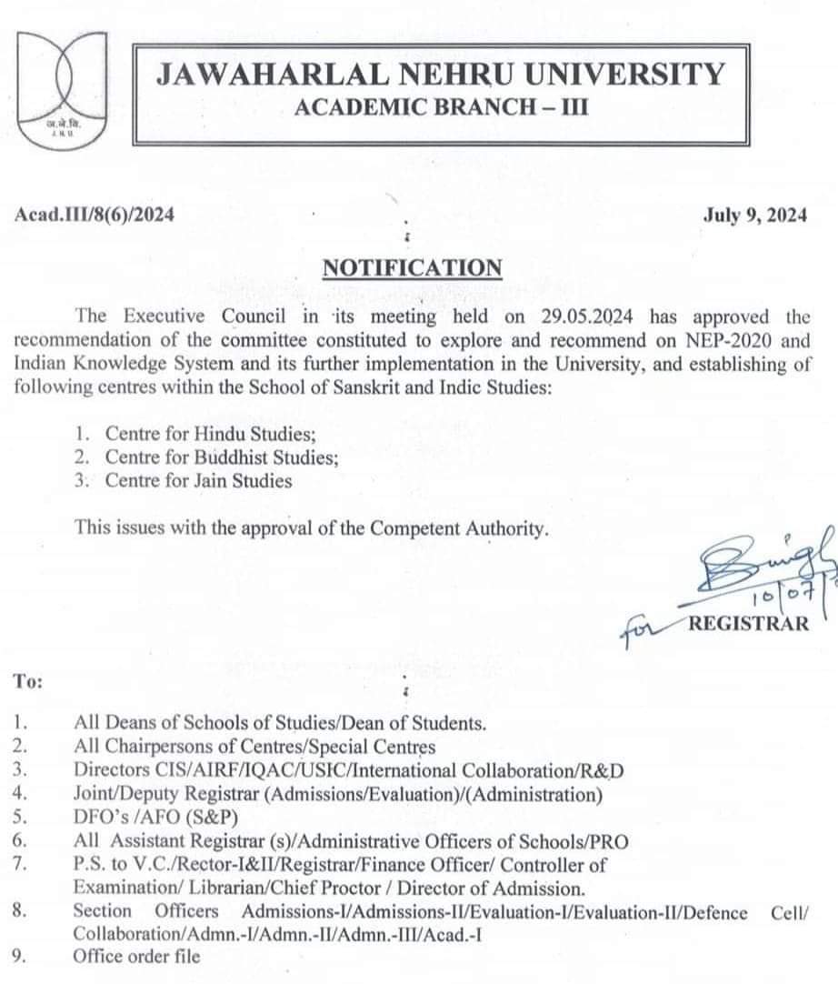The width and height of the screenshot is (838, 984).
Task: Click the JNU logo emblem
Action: coord(63,88)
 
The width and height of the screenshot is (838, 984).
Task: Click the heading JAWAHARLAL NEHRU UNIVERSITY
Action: coord(441,74)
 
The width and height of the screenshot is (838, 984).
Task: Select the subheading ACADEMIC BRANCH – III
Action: coord(442,108)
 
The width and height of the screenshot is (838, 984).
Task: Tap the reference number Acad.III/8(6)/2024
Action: coord(95,215)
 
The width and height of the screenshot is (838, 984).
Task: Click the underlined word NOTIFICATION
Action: coord(412,267)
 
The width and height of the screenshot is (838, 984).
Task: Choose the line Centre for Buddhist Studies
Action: coord(222,457)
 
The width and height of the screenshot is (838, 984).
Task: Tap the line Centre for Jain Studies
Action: coord(198,481)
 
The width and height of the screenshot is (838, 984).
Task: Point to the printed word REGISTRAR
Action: coord(748,623)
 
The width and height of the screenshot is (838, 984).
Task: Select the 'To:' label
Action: coord(29,679)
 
